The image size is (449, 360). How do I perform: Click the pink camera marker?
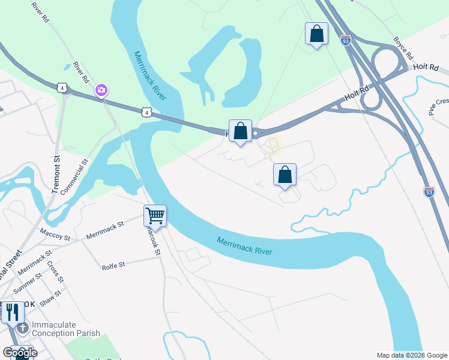pyautogui.click(x=101, y=90)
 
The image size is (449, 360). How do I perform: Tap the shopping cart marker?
pyautogui.click(x=155, y=216)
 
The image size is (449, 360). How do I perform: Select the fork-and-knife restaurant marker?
pyautogui.click(x=11, y=312)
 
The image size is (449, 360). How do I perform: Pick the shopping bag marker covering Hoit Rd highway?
pyautogui.click(x=240, y=131)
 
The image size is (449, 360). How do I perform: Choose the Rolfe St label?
pyautogui.click(x=113, y=265)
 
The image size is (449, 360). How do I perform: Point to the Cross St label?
pyautogui.click(x=55, y=272)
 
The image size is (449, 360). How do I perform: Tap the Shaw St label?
pyautogui.click(x=52, y=298)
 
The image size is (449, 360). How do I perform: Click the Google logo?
pyautogui.click(x=20, y=353)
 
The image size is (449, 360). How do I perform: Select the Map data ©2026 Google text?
pyautogui.click(x=412, y=355)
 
